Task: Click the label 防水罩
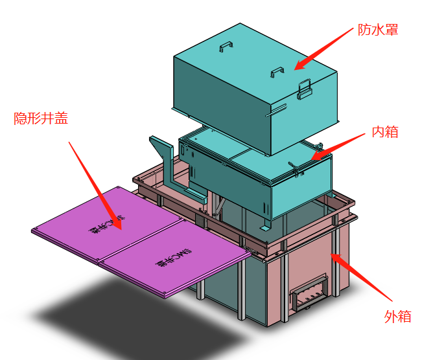coord(378,30)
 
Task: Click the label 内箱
coord(384,132)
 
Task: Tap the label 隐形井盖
coord(41,118)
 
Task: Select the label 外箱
coord(397,317)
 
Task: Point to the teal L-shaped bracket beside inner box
coord(168,161)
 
